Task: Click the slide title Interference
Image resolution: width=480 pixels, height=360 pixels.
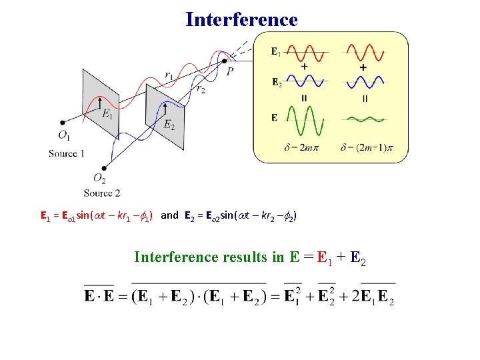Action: pyautogui.click(x=241, y=19)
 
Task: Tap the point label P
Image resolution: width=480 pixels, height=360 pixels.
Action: pyautogui.click(x=230, y=71)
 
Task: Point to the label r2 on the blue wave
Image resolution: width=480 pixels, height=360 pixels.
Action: pyautogui.click(x=201, y=88)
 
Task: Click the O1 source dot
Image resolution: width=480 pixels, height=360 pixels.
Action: pyautogui.click(x=62, y=123)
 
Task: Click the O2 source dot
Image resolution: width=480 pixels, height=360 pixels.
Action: pyautogui.click(x=104, y=167)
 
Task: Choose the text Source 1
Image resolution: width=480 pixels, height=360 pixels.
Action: pyautogui.click(x=67, y=154)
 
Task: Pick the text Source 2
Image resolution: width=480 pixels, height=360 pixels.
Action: pyautogui.click(x=102, y=193)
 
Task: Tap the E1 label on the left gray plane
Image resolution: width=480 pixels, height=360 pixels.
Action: pyautogui.click(x=107, y=114)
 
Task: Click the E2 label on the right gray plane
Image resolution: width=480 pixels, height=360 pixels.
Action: pyautogui.click(x=169, y=124)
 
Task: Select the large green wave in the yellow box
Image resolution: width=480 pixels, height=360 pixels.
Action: pyautogui.click(x=304, y=120)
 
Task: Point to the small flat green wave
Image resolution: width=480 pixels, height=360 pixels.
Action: pyautogui.click(x=364, y=120)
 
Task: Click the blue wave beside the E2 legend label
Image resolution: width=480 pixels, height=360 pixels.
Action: pyautogui.click(x=304, y=82)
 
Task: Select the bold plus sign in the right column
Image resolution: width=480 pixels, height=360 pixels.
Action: pyautogui.click(x=363, y=68)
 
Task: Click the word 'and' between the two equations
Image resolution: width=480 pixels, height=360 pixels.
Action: pyautogui.click(x=170, y=215)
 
